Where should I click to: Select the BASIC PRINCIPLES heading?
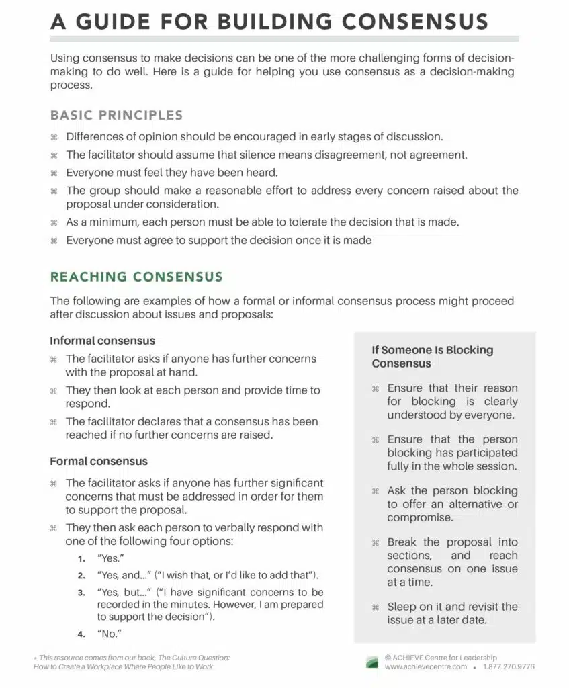116,115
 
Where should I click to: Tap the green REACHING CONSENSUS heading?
136,277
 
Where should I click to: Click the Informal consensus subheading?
102,341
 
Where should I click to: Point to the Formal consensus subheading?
99,462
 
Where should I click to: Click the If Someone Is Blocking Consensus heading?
433,357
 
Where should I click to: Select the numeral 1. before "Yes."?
81,558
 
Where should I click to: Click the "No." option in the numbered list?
109,634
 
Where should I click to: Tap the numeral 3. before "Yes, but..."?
81,593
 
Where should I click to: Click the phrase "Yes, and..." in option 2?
123,576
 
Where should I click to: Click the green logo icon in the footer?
371,662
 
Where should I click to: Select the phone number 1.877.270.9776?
509,667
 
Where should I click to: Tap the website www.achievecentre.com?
426,667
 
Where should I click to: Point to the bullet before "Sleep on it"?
376,607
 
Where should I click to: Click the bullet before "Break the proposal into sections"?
376,543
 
